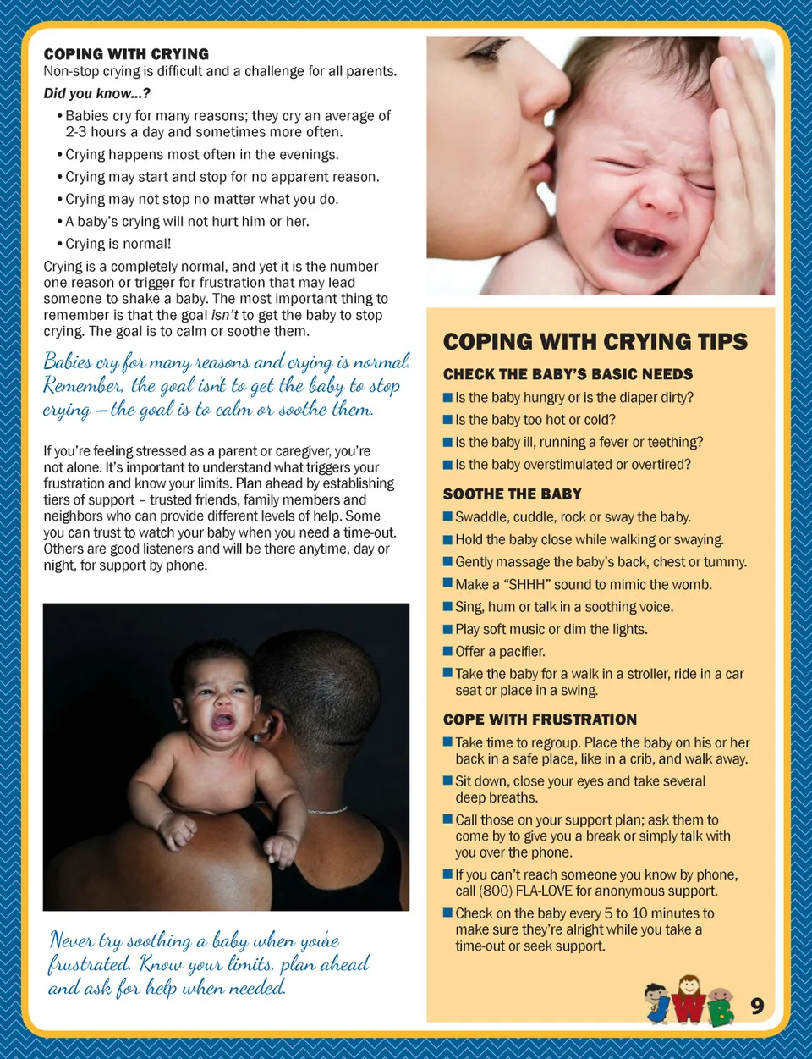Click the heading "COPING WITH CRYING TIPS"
[595, 342]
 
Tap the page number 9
[757, 1006]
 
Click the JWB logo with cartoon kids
[689, 1001]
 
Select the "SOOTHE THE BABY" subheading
[512, 494]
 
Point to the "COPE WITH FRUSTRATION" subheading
[540, 720]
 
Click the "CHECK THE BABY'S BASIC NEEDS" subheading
[568, 374]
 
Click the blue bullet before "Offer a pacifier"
[447, 651]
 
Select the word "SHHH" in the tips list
[526, 585]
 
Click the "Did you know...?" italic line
[96, 94]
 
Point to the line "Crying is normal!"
[118, 244]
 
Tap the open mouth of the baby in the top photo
[642, 242]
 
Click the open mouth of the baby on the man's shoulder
[223, 720]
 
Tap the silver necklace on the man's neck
[326, 811]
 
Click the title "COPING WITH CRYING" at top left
[126, 54]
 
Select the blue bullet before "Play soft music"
[447, 629]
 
